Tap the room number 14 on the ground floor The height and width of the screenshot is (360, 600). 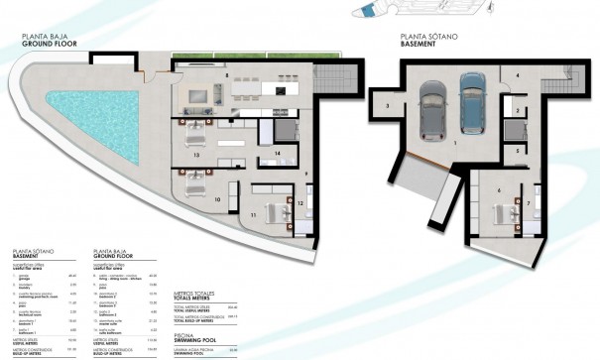[x=279, y=152]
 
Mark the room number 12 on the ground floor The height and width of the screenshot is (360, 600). [x=299, y=203]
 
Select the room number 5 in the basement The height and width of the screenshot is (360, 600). [x=517, y=149]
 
